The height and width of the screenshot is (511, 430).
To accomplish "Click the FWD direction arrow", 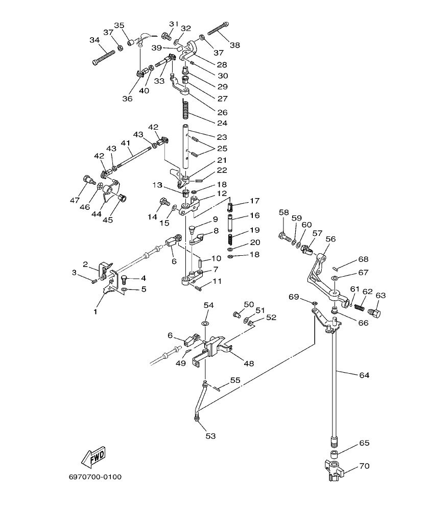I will (93, 457).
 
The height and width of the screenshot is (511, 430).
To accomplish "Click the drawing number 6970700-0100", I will (95, 477).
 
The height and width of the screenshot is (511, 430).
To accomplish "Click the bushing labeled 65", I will (333, 454).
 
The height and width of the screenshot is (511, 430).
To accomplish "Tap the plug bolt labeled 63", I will (375, 312).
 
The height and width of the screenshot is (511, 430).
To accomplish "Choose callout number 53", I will (210, 436).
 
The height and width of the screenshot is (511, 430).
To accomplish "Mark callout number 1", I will (95, 311).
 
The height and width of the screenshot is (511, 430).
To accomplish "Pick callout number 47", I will (75, 201).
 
